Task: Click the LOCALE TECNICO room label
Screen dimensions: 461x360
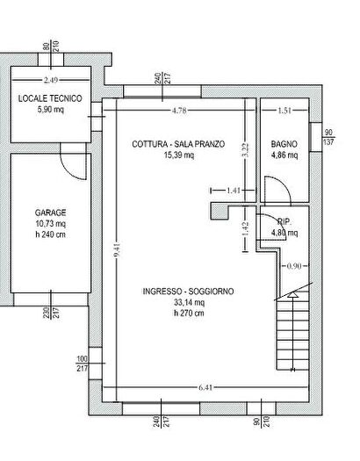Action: coord(50,99)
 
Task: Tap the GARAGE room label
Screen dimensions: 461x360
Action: coord(50,212)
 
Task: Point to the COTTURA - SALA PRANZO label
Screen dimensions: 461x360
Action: coord(177,144)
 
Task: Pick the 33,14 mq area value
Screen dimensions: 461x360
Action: coord(188,303)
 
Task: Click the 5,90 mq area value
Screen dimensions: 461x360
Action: coord(50,111)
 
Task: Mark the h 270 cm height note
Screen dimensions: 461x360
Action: coord(188,313)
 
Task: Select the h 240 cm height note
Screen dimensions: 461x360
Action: coord(50,235)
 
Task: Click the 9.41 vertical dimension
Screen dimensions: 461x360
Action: coord(114,249)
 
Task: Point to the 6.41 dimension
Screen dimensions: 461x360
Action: coord(205,387)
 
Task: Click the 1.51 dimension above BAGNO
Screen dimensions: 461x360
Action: coord(284,111)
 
